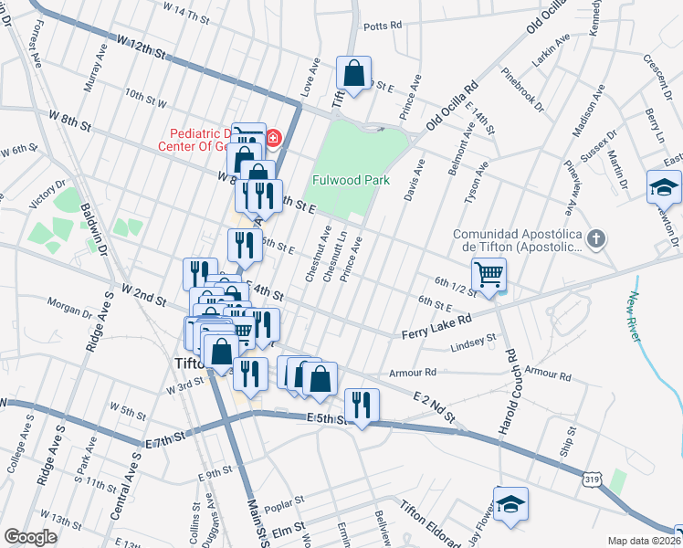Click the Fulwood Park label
point(351,180)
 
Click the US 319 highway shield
point(591,477)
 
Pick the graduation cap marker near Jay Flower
point(510,503)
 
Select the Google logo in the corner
point(30,537)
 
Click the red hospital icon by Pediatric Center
point(274,139)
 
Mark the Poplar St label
point(281,508)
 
